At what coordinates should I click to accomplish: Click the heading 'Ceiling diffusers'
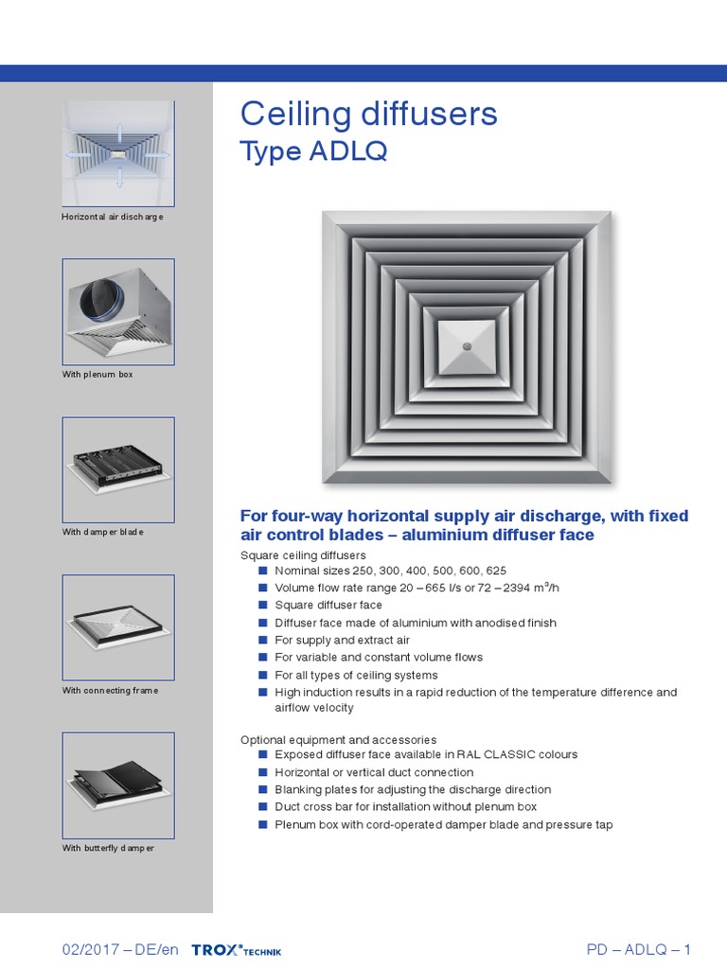pyautogui.click(x=368, y=115)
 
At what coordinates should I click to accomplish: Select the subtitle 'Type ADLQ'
pyautogui.click(x=313, y=151)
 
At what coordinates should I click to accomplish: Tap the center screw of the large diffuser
pyautogui.click(x=466, y=348)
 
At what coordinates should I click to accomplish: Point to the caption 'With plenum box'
pyautogui.click(x=98, y=375)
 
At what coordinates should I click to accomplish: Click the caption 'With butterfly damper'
pyautogui.click(x=108, y=848)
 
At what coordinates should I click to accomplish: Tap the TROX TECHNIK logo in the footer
pyautogui.click(x=236, y=950)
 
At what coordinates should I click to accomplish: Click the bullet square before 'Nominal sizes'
pyautogui.click(x=263, y=572)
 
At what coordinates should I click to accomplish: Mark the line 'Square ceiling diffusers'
pyautogui.click(x=303, y=555)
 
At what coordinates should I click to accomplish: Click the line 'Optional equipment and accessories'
pyautogui.click(x=338, y=739)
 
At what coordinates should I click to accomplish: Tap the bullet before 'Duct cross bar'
pyautogui.click(x=263, y=807)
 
